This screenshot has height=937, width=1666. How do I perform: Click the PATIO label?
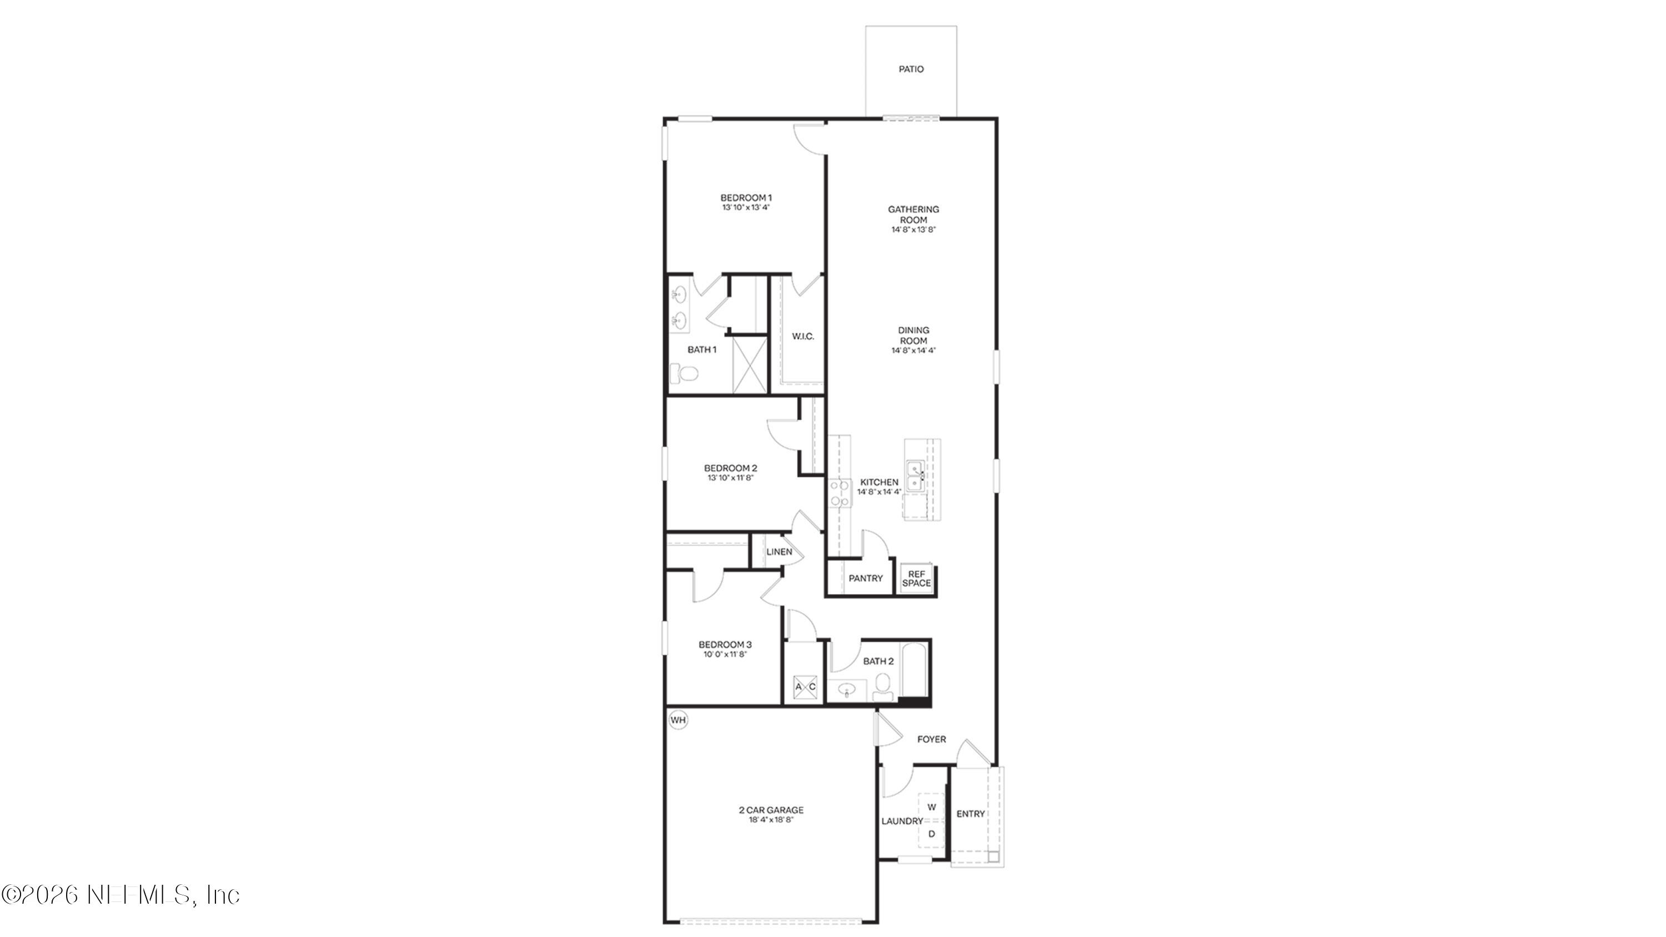[x=911, y=69]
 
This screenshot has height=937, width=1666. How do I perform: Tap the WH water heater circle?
[x=678, y=720]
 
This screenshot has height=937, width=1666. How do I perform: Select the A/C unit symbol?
[x=805, y=687]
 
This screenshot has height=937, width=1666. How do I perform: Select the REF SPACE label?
[x=916, y=578]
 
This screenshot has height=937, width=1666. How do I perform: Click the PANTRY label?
[x=865, y=578]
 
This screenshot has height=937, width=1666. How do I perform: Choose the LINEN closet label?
[x=779, y=552]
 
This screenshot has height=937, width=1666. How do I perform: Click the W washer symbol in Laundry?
[x=932, y=807]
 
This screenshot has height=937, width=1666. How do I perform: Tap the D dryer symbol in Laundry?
[x=932, y=834]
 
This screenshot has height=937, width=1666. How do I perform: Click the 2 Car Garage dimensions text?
[x=771, y=819]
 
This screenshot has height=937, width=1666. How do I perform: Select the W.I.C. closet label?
[x=802, y=336]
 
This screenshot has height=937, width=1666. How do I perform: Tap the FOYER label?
[x=931, y=739]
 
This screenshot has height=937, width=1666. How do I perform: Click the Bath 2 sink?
[x=846, y=690]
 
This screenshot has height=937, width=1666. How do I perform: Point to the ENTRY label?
[x=970, y=814]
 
